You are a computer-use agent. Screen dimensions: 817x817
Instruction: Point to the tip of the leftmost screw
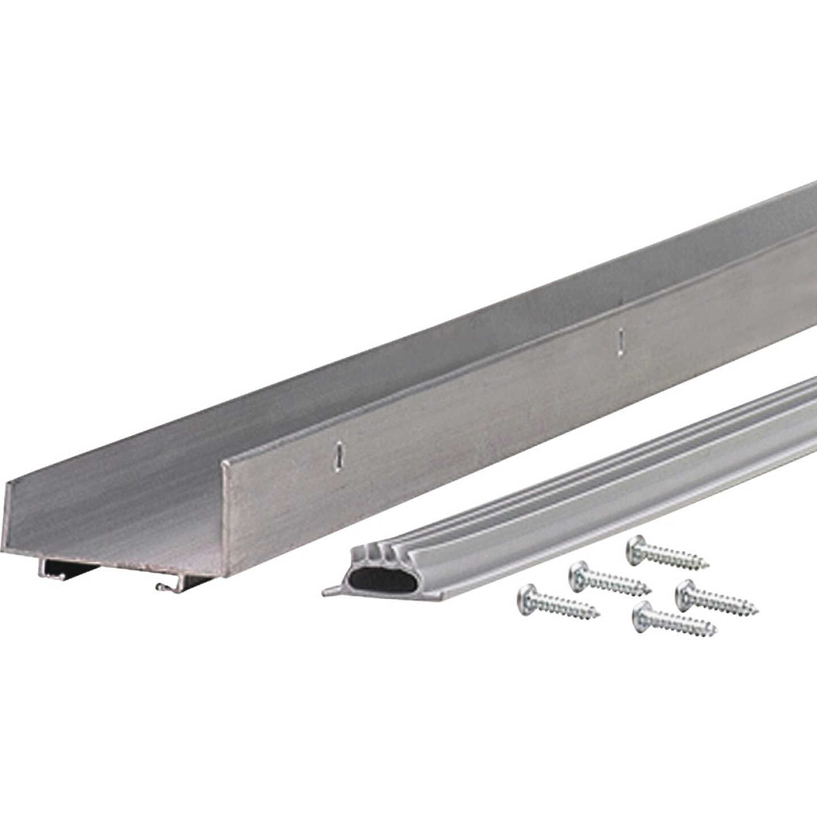599,614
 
